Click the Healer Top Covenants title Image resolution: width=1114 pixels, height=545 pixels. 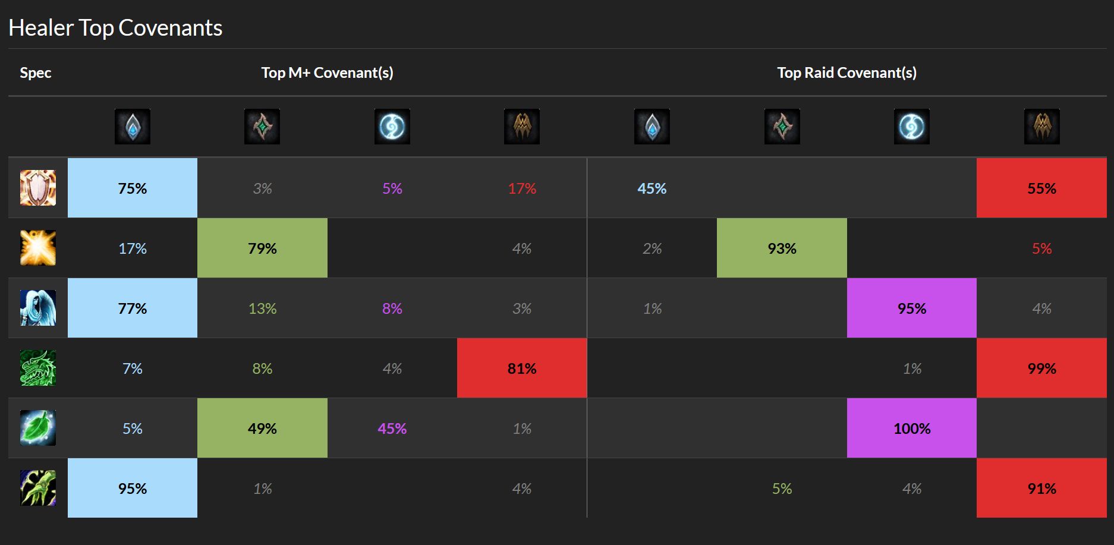click(115, 28)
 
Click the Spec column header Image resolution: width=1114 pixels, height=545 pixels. click(36, 73)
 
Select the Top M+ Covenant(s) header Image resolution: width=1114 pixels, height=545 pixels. click(327, 73)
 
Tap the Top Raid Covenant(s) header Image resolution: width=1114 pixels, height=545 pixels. click(846, 73)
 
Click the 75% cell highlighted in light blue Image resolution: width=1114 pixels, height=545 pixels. click(133, 188)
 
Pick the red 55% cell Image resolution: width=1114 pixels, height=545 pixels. click(1041, 188)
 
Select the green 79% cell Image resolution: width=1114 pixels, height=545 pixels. click(262, 248)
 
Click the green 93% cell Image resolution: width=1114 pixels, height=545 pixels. click(782, 248)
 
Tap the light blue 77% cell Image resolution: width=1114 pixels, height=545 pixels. click(133, 308)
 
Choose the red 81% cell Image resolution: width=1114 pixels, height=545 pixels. click(522, 368)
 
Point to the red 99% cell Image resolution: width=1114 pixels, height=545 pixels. click(1041, 368)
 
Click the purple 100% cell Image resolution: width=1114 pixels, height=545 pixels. click(912, 428)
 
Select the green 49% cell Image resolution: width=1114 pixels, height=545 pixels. click(262, 428)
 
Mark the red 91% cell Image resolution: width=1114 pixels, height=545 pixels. click(1041, 488)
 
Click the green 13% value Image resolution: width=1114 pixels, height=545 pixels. click(262, 308)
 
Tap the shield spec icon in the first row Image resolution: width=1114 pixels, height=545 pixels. click(38, 188)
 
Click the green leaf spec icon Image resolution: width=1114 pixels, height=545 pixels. click(38, 428)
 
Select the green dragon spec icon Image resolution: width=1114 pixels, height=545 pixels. click(38, 368)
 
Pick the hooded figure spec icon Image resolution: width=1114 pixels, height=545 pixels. click(38, 308)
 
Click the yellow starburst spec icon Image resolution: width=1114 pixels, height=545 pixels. click(38, 248)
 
